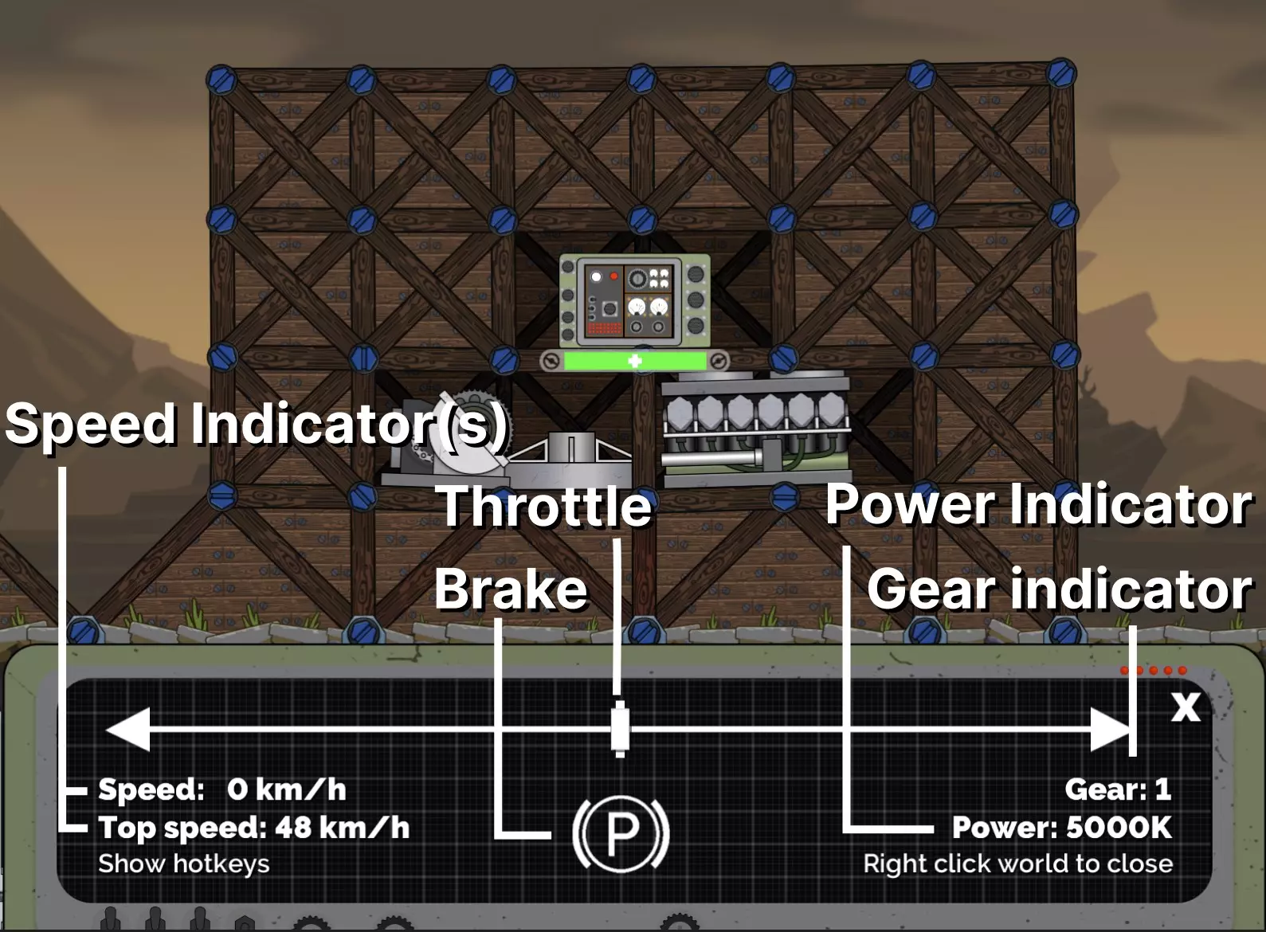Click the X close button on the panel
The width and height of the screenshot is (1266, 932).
[1186, 707]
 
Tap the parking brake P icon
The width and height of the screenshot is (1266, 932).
[621, 832]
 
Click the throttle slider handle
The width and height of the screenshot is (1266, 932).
[620, 729]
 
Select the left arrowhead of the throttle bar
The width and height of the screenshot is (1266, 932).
[127, 729]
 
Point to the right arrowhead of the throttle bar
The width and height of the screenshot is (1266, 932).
[1111, 729]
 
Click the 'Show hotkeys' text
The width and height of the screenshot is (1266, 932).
[184, 863]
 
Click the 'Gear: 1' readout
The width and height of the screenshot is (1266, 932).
[1117, 789]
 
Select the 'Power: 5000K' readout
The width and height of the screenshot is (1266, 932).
[1062, 828]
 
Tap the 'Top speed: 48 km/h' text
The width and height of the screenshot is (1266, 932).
[254, 828]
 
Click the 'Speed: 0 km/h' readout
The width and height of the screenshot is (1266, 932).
[222, 789]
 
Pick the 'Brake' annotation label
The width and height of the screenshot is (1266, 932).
[511, 589]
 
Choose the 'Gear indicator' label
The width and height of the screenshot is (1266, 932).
[1059, 589]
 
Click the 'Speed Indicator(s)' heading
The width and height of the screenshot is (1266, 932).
[256, 424]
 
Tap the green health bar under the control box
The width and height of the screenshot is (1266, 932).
[635, 361]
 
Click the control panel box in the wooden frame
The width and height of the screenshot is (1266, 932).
[634, 300]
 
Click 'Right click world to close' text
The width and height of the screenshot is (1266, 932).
[1018, 863]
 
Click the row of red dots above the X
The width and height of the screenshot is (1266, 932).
[1154, 670]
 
